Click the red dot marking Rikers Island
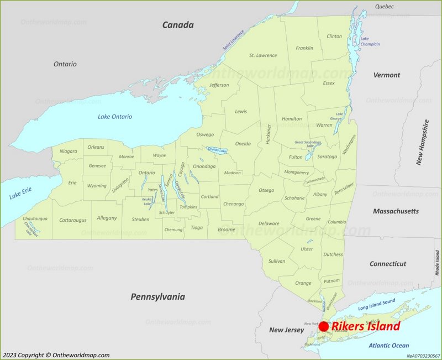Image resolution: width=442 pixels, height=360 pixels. click(x=324, y=327)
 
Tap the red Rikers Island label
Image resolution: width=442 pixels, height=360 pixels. click(x=365, y=327)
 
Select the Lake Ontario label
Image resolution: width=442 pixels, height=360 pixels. click(x=115, y=117)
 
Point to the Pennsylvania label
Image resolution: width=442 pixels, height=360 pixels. click(x=157, y=297)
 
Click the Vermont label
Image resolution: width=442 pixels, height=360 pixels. click(x=386, y=75)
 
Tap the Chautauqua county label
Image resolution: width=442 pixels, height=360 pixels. click(x=35, y=218)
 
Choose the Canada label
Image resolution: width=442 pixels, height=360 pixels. click(x=178, y=25)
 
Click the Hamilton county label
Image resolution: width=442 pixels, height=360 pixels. click(x=292, y=119)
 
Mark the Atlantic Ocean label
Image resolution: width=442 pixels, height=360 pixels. click(x=389, y=346)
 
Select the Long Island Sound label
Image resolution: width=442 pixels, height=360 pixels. click(x=377, y=304)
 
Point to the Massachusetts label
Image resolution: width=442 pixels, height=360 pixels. click(x=396, y=211)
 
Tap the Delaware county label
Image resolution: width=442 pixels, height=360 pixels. click(x=269, y=223)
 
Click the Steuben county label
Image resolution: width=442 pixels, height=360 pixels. click(x=140, y=220)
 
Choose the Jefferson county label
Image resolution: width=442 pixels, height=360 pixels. click(x=219, y=85)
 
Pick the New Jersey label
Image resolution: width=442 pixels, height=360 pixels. click(x=286, y=330)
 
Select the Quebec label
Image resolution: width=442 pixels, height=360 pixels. click(x=384, y=7)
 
